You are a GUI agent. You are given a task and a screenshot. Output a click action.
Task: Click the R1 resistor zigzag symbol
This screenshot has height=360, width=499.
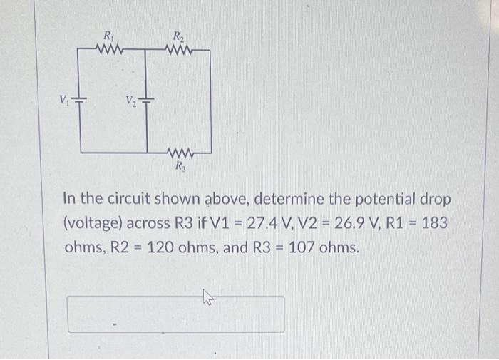110,50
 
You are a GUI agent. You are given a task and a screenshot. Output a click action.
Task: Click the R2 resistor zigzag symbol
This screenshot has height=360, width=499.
176,50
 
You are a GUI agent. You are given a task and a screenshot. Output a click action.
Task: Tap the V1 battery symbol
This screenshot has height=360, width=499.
80,99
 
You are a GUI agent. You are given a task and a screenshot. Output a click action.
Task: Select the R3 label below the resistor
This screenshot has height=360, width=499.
180,167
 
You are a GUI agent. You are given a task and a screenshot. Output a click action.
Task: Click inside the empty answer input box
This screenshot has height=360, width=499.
175,314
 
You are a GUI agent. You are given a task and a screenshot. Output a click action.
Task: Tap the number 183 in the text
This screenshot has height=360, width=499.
433,222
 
